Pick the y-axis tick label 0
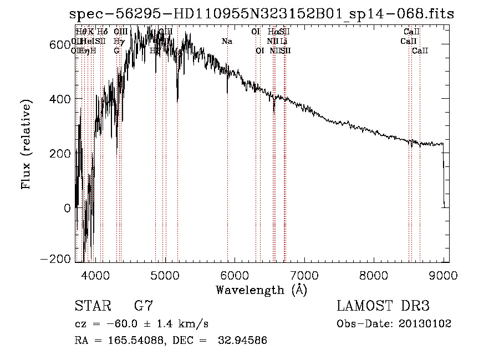point(68,208)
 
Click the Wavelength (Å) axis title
point(261,290)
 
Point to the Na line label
point(227,41)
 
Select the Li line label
point(283,41)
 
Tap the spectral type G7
point(144,306)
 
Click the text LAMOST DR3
point(383,306)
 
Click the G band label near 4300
point(116,50)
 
